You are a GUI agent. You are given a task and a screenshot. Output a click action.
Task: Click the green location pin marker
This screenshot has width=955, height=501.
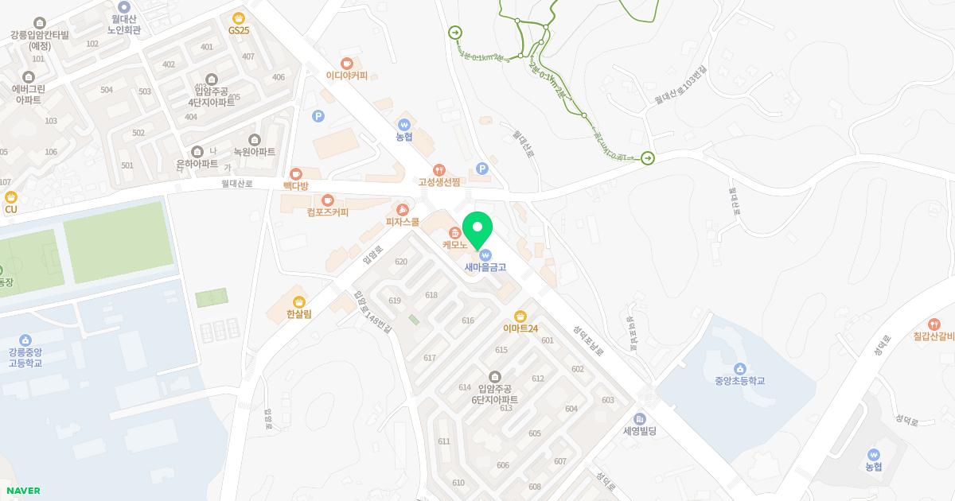477,230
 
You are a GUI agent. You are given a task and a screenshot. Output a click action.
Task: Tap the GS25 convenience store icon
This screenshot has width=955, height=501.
238,18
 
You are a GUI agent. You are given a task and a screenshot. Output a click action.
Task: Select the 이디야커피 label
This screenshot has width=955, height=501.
346,76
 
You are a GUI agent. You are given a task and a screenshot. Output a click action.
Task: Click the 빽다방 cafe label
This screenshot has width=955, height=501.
295,185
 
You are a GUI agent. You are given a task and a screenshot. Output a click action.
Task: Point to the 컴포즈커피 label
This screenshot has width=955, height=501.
327,212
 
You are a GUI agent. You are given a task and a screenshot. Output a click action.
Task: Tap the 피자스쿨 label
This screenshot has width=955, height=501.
402,222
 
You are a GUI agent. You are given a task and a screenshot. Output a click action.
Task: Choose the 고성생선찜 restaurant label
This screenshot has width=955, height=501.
439,181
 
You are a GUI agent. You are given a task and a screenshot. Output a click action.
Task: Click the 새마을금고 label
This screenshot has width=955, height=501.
485,267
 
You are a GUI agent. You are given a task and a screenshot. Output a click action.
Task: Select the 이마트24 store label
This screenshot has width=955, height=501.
520,328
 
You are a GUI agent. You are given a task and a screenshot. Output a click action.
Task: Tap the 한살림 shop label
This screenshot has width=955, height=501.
299,314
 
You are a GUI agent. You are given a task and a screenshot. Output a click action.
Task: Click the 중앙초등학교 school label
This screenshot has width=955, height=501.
739,380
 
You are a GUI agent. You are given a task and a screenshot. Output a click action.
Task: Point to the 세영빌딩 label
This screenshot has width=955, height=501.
640,431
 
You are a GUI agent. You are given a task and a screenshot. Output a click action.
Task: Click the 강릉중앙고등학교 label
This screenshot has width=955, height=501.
25,357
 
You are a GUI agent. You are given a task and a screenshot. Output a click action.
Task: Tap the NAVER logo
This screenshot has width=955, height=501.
23,491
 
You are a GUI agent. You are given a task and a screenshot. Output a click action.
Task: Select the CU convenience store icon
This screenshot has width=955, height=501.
10,197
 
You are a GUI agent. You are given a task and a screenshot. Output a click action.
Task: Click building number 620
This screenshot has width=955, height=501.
401,262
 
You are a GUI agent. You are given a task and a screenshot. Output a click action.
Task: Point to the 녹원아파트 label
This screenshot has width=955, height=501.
254,151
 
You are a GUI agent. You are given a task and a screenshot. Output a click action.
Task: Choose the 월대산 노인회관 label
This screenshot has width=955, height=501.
124,24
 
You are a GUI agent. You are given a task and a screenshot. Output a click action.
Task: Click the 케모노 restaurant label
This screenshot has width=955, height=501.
454,245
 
